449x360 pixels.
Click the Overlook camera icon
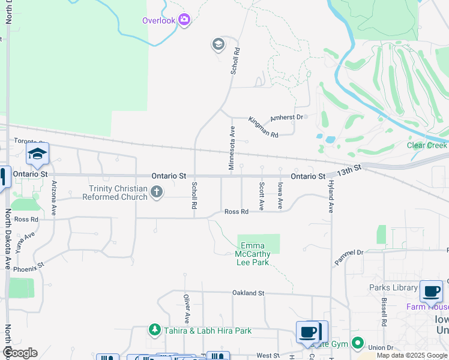[184, 20]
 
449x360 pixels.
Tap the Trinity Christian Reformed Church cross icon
[156, 193]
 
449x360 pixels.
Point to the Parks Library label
[393, 287]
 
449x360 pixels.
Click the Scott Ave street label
[261, 196]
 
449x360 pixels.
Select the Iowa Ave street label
[280, 196]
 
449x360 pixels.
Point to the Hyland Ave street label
[330, 199]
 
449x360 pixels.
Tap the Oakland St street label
[249, 293]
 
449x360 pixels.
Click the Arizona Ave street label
[54, 198]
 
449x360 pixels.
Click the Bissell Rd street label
[384, 314]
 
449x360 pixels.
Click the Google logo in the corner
[20, 353]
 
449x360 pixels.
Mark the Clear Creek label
[427, 145]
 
